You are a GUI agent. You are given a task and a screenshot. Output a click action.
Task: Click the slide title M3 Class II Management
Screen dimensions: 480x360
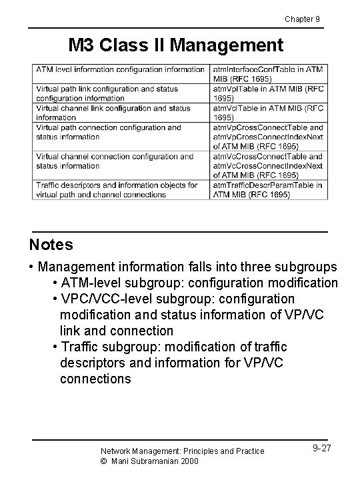tap(176, 45)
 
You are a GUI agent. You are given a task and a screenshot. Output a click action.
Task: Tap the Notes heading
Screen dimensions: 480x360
tap(51, 245)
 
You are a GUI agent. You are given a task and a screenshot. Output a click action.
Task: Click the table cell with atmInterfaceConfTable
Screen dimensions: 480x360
tap(268, 73)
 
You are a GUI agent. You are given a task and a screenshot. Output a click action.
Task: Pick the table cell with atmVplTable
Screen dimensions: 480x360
tap(268, 93)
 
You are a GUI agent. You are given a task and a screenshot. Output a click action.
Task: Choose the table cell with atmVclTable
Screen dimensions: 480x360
tap(268, 113)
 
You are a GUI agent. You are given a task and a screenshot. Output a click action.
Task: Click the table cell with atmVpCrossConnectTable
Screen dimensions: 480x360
tap(268, 137)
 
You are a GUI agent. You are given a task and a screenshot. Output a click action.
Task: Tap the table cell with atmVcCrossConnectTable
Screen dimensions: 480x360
tap(268, 166)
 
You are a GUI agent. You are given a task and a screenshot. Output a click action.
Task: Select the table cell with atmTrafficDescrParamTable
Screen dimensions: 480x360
tap(268, 190)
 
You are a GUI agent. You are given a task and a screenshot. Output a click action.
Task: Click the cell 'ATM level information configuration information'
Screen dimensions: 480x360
tap(120, 69)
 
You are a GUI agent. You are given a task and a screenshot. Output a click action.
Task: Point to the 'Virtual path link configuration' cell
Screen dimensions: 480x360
tap(120, 93)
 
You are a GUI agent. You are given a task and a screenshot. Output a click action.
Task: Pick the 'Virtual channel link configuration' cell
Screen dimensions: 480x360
tap(120, 113)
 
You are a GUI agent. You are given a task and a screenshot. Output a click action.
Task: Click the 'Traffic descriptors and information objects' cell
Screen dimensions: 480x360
tap(120, 190)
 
